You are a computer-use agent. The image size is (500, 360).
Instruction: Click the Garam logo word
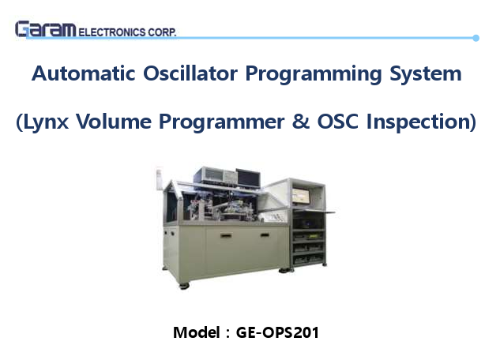[45, 30]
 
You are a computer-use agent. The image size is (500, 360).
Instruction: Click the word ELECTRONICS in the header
[111, 32]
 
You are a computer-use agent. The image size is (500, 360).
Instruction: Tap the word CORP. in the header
[162, 32]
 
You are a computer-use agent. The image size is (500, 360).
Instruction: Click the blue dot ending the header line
[476, 37]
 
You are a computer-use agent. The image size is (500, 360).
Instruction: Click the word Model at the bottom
[194, 332]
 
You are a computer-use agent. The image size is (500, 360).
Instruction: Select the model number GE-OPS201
[277, 332]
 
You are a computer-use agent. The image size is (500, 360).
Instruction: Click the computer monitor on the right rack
[305, 192]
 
